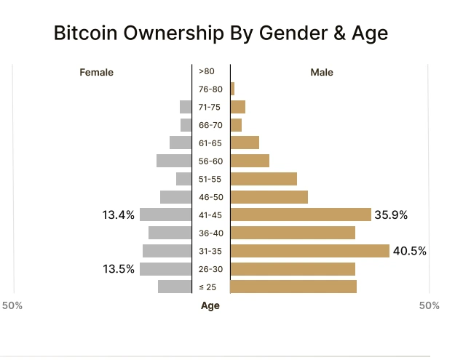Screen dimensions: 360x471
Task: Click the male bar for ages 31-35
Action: [309, 251]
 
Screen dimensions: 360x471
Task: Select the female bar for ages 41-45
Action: [166, 215]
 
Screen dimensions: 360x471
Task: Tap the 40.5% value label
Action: [410, 251]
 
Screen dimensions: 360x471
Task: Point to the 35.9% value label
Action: [391, 215]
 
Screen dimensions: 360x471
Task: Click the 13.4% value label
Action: [119, 215]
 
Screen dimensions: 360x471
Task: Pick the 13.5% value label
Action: [119, 269]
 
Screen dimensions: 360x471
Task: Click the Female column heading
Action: [97, 72]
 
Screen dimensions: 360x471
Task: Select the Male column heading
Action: [322, 72]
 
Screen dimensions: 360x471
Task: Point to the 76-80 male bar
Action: [232, 89]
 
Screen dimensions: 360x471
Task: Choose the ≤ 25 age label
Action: [210, 287]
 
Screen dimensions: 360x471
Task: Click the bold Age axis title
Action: [210, 306]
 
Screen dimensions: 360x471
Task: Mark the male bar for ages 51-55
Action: [264, 179]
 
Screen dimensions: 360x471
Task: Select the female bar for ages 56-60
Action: [174, 161]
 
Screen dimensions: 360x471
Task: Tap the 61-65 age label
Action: [210, 143]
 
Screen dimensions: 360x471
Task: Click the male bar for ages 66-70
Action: [236, 125]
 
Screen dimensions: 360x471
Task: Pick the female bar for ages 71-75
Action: [186, 107]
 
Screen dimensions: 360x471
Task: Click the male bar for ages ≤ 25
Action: [293, 287]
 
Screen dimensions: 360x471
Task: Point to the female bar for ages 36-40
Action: [170, 233]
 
